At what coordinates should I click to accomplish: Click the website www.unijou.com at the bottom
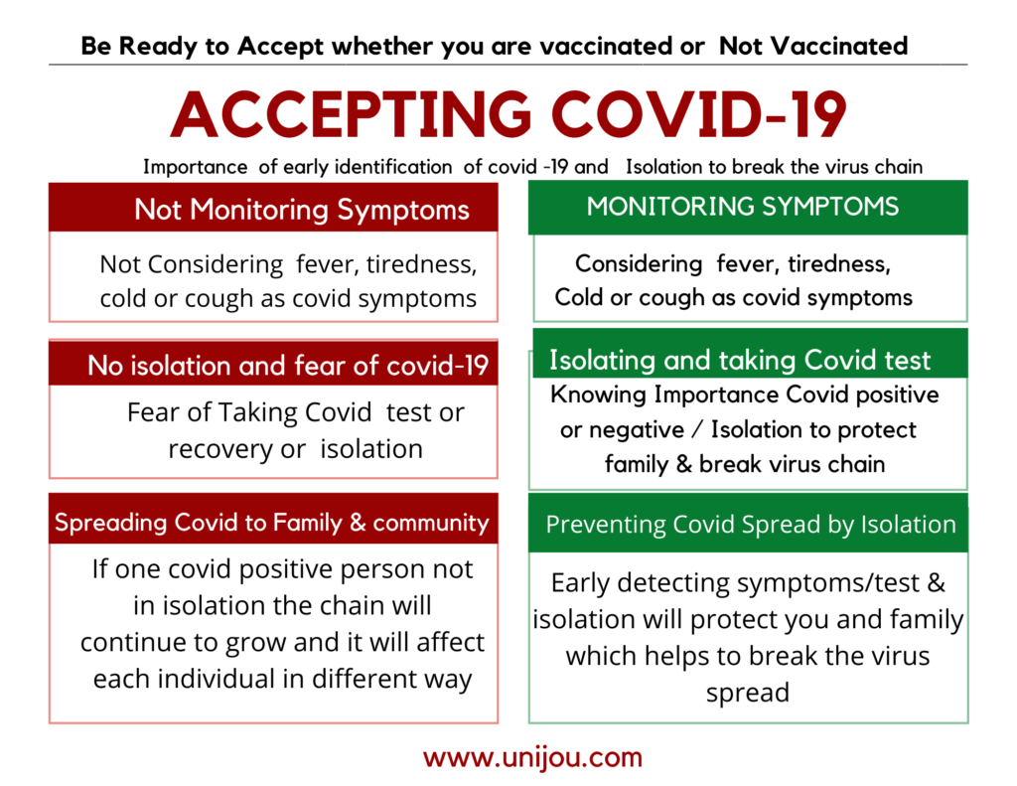[x=532, y=757]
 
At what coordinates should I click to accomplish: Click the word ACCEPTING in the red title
[x=351, y=114]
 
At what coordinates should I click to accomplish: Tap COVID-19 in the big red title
[x=699, y=114]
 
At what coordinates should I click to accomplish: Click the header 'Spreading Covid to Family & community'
[x=272, y=523]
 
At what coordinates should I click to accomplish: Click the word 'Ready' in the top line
[x=158, y=47]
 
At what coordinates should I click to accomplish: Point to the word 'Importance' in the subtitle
[x=196, y=167]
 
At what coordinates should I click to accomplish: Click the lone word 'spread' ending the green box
[x=748, y=694]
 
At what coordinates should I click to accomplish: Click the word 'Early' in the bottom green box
[x=580, y=583]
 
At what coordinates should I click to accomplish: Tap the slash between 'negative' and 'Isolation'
[x=697, y=429]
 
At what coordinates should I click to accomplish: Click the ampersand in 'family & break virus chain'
[x=683, y=465]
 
